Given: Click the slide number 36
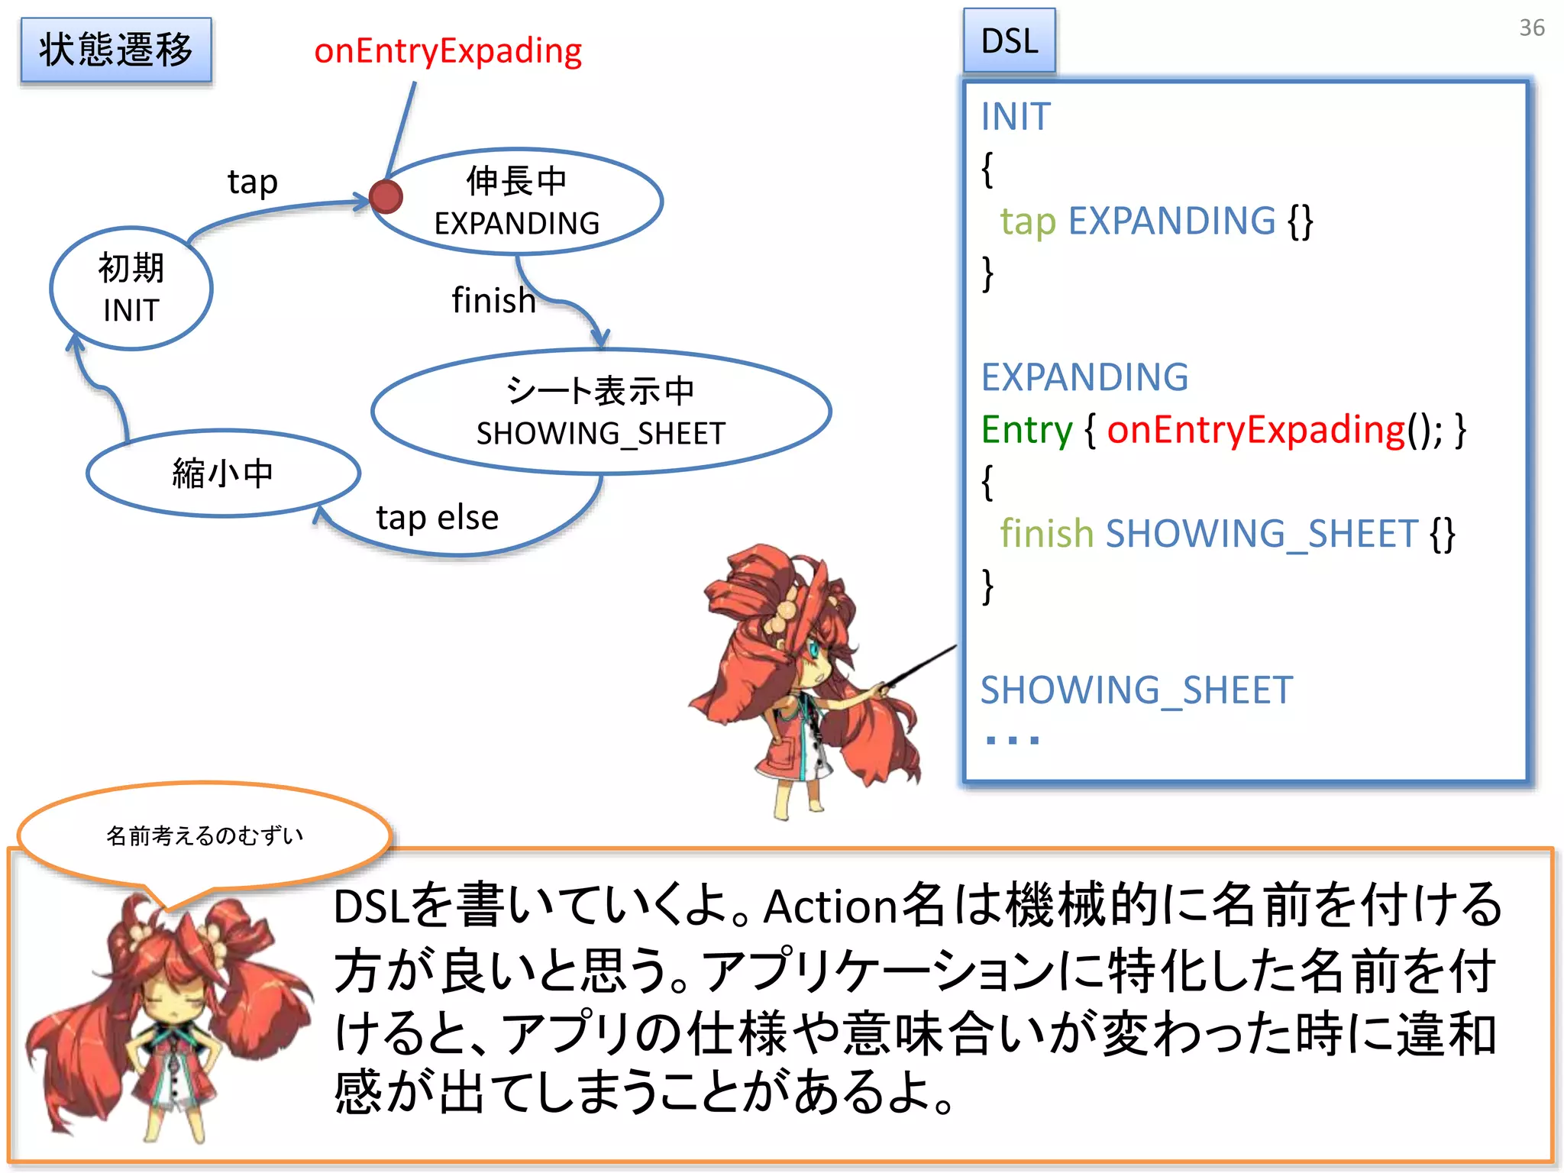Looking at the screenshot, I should pos(1531,28).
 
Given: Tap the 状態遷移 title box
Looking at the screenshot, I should pos(116,50).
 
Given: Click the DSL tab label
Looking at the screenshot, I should pos(1009,41).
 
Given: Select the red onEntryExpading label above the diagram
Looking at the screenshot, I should pos(448,51).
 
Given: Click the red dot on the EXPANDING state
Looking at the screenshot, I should pos(386,197).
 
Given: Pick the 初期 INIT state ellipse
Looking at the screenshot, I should pos(131,289).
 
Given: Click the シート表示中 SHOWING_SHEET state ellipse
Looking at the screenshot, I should pos(600,412).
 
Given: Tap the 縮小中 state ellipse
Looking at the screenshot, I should pos(222,473).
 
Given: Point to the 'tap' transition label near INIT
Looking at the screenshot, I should pos(252,182).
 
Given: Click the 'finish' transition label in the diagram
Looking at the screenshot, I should pos(493,300).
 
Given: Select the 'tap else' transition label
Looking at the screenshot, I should pos(437,518).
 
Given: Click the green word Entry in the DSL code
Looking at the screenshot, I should pos(1026,430).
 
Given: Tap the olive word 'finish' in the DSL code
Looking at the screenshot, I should pos(1046,534).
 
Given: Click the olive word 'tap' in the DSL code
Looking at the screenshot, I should pos(1027,221).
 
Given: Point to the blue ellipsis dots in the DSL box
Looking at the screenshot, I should pos(1012,739).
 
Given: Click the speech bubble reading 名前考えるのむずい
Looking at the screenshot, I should pos(205,835).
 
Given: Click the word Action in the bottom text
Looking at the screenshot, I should pos(830,907).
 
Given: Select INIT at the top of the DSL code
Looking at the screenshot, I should pos(1016,117).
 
